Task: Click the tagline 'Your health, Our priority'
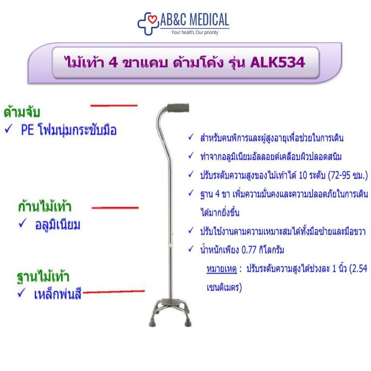(x=195, y=32)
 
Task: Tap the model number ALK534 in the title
(x=277, y=62)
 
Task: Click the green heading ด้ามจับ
(x=22, y=112)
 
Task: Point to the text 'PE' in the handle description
(x=28, y=130)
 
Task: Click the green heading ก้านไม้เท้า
(x=45, y=207)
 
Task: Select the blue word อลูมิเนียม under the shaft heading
(x=58, y=225)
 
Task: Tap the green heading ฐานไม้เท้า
(x=43, y=276)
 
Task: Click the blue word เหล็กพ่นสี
(x=58, y=294)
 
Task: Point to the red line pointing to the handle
(x=114, y=105)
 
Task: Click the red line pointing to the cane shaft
(x=115, y=208)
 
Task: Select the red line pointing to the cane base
(x=114, y=292)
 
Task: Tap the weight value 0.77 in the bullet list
(x=249, y=250)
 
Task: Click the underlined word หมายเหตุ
(x=222, y=269)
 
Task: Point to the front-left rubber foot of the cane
(x=153, y=322)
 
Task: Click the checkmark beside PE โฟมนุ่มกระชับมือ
(x=8, y=129)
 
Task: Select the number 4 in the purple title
(x=113, y=63)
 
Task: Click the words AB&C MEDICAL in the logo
(x=195, y=20)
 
